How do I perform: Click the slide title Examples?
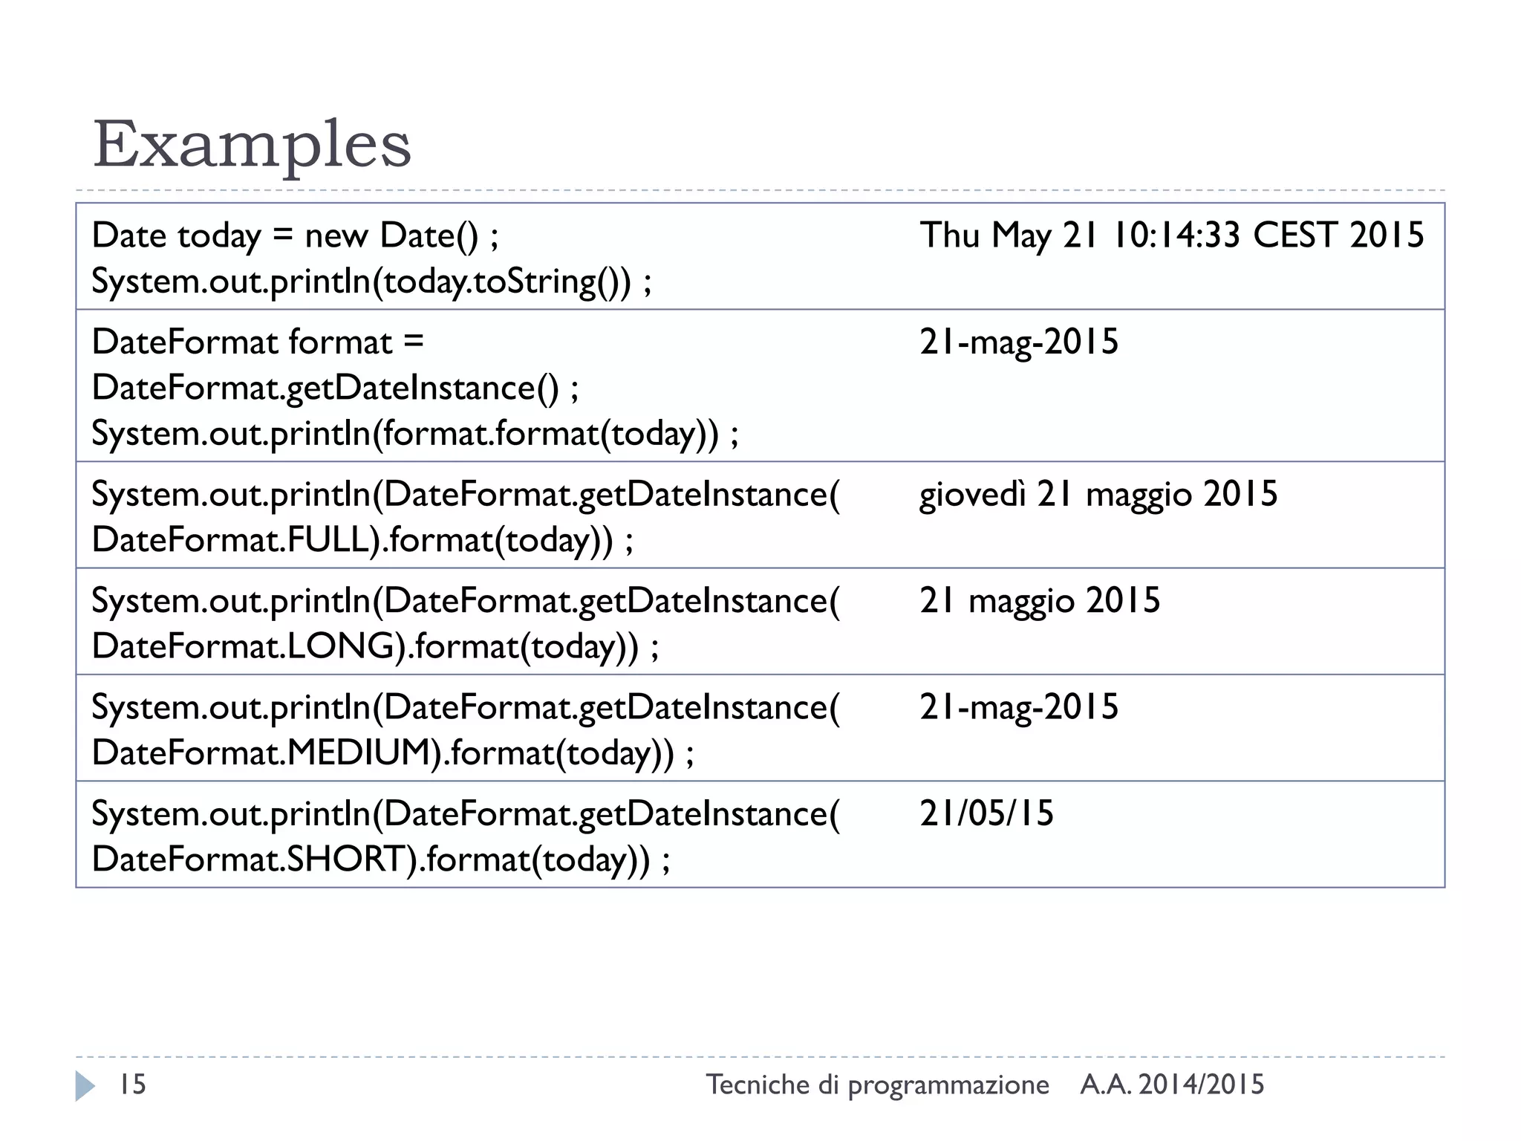(x=252, y=144)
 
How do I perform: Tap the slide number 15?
(x=133, y=1085)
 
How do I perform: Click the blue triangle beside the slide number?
(x=85, y=1085)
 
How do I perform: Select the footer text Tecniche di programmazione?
(x=877, y=1085)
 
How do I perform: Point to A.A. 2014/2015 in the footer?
(x=1172, y=1085)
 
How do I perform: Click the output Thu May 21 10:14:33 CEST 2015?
(x=1171, y=235)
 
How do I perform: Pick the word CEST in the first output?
(x=1295, y=235)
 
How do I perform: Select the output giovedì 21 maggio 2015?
(x=1098, y=495)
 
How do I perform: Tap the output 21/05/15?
(x=986, y=813)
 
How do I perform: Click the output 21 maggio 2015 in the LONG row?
(x=1039, y=601)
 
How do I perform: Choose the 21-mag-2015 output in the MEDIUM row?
(x=1018, y=707)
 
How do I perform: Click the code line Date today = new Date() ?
(x=295, y=235)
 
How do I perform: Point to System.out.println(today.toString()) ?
(x=371, y=282)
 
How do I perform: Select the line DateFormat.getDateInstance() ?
(x=335, y=388)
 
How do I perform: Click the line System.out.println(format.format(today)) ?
(x=414, y=434)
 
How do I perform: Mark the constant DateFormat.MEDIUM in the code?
(x=261, y=753)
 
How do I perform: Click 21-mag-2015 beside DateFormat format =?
(x=1018, y=342)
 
